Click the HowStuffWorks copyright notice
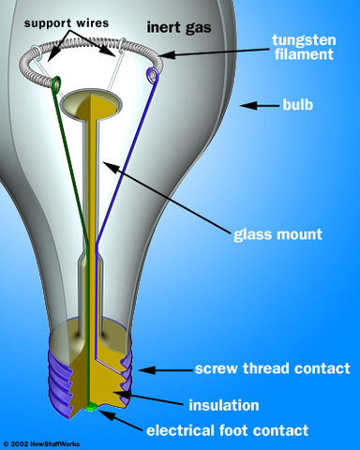coord(42,442)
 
